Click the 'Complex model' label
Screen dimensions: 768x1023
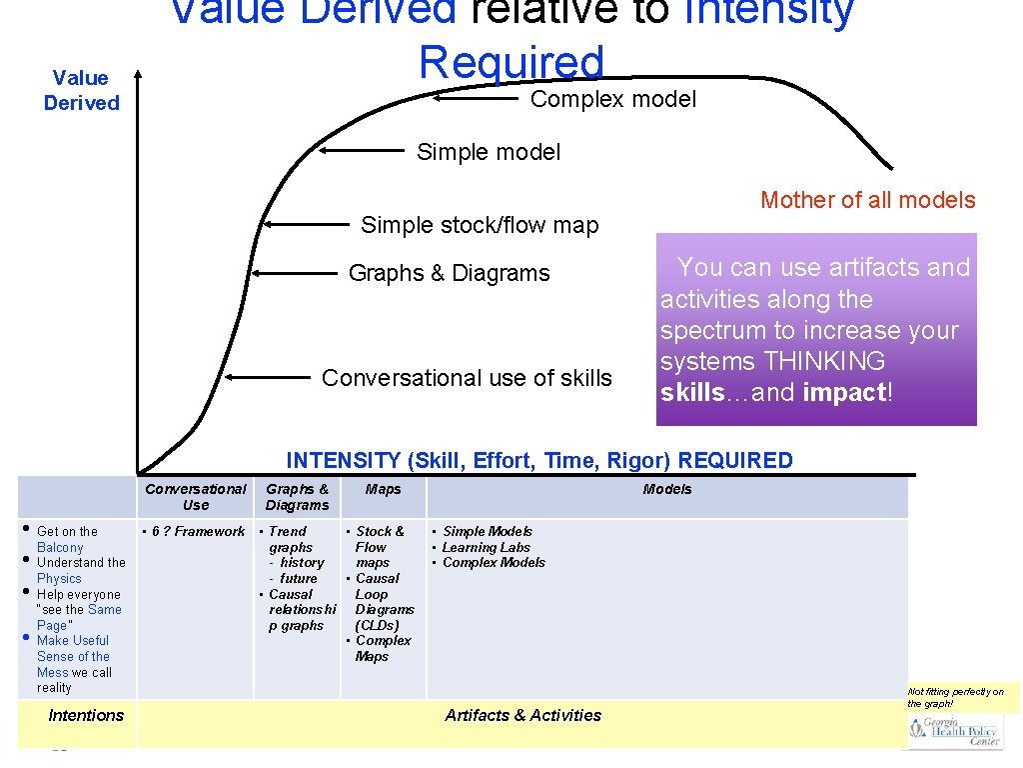(x=613, y=99)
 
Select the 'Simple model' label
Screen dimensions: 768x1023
(x=489, y=152)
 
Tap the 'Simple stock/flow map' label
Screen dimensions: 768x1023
(x=480, y=225)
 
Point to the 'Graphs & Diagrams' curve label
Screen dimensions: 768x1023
(x=449, y=273)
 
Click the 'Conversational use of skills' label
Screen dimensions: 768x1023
(x=467, y=378)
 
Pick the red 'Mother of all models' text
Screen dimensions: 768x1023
(x=867, y=200)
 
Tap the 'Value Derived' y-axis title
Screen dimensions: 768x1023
(x=82, y=90)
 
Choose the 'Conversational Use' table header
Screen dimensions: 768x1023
(x=196, y=497)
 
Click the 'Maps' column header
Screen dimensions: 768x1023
(x=383, y=489)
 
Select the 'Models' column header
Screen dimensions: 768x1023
(x=667, y=489)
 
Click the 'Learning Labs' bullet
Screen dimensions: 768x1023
(x=488, y=547)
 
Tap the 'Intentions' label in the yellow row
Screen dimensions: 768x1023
(x=86, y=715)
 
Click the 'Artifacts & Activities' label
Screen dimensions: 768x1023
(x=523, y=715)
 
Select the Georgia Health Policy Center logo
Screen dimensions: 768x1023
(x=955, y=732)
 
